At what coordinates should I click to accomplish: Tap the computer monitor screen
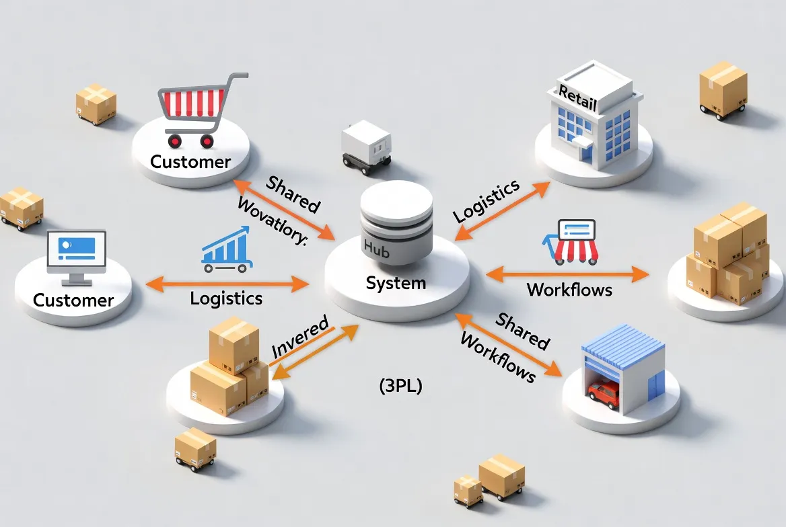(x=76, y=251)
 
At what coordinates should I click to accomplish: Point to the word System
(x=396, y=283)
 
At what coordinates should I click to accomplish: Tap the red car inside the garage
(x=604, y=393)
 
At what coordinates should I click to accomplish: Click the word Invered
(x=299, y=341)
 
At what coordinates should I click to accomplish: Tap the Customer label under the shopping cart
(x=190, y=162)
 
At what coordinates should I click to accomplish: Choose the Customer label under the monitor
(x=73, y=300)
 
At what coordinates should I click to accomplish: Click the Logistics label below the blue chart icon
(x=226, y=298)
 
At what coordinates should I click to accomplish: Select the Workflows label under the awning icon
(x=569, y=290)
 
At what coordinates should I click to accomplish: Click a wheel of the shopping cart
(x=175, y=140)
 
